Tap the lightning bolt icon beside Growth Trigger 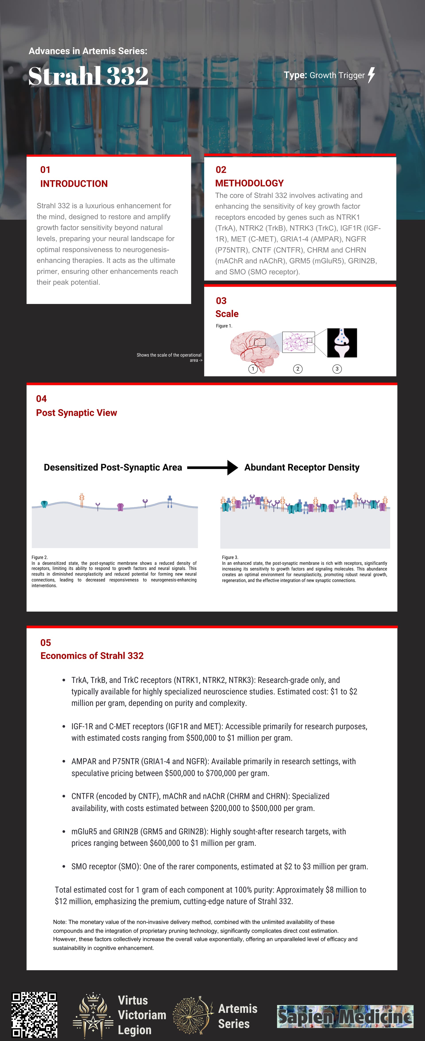[x=371, y=75]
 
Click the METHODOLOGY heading [x=249, y=183]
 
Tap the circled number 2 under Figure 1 [x=298, y=369]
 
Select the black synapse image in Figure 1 [x=342, y=343]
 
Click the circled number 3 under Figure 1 [x=337, y=369]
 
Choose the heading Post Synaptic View [x=76, y=413]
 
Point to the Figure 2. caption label [x=40, y=557]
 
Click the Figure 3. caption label [x=230, y=557]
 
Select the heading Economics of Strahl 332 [x=92, y=655]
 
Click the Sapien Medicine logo [x=345, y=1016]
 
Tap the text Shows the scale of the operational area [x=169, y=357]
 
